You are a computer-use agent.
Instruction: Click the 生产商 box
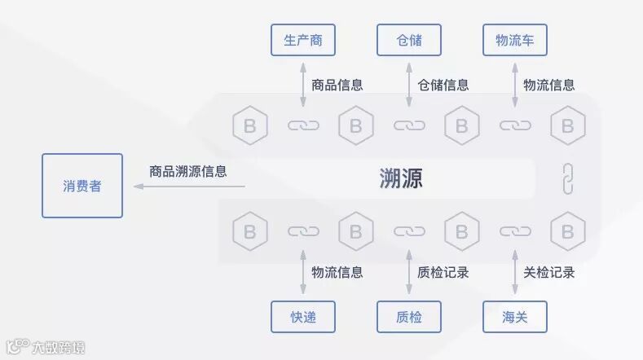pos(303,40)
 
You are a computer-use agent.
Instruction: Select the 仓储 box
pos(409,40)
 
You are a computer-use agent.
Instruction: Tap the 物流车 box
pos(515,40)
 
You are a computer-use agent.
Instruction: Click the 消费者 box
pos(82,186)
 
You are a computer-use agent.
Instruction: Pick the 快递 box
pos(303,317)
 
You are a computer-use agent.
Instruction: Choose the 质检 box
pos(409,317)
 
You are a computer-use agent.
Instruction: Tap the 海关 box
pos(515,317)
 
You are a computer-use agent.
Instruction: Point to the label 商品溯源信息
pos(187,172)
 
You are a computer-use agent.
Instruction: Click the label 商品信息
pos(337,84)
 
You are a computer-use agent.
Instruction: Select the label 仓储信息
pos(443,84)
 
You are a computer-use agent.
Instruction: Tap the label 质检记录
pos(443,272)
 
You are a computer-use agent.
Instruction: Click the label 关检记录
pos(548,272)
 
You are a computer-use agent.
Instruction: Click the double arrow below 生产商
pos(303,84)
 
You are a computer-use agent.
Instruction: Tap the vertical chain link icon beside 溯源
pos(568,178)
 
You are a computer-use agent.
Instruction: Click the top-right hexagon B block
pos(568,125)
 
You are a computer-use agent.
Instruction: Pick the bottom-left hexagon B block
pos(250,230)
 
